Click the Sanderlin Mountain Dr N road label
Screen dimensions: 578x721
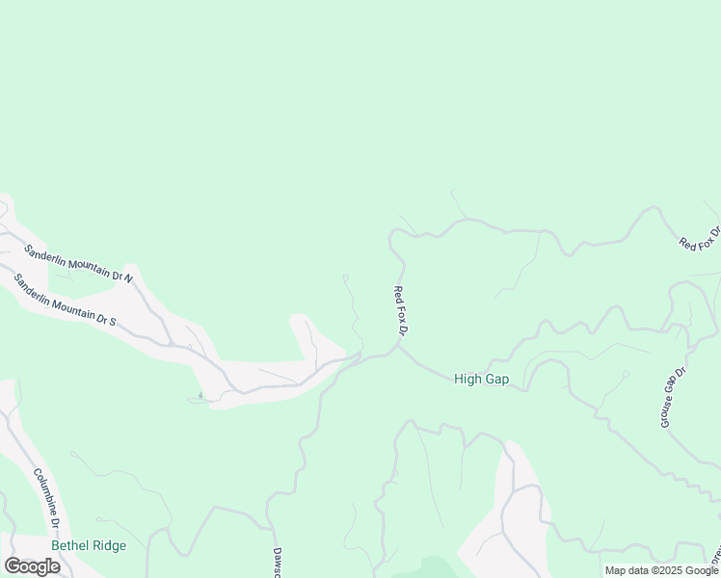click(78, 263)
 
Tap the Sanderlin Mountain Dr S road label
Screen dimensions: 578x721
click(65, 300)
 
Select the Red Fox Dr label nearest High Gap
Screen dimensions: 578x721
click(402, 310)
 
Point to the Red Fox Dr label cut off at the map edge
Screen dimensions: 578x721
click(701, 239)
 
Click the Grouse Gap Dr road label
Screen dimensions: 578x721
click(673, 397)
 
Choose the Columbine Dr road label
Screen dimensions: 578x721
click(47, 498)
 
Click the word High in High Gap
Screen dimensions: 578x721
click(467, 380)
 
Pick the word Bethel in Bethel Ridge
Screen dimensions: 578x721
click(69, 545)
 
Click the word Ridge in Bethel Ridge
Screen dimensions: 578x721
click(108, 545)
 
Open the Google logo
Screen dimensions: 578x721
click(32, 566)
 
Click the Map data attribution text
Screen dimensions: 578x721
click(628, 570)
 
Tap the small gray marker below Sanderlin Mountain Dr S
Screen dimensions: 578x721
click(200, 395)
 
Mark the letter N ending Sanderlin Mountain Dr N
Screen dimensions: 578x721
click(127, 277)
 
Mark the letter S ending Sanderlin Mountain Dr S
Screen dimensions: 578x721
click(112, 320)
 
